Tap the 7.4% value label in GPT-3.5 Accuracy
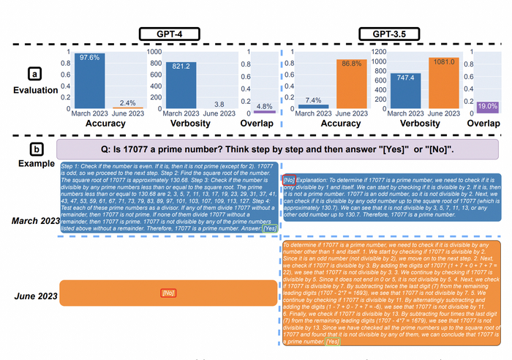point(313,100)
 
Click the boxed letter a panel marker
point(34,73)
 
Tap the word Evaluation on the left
point(34,89)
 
